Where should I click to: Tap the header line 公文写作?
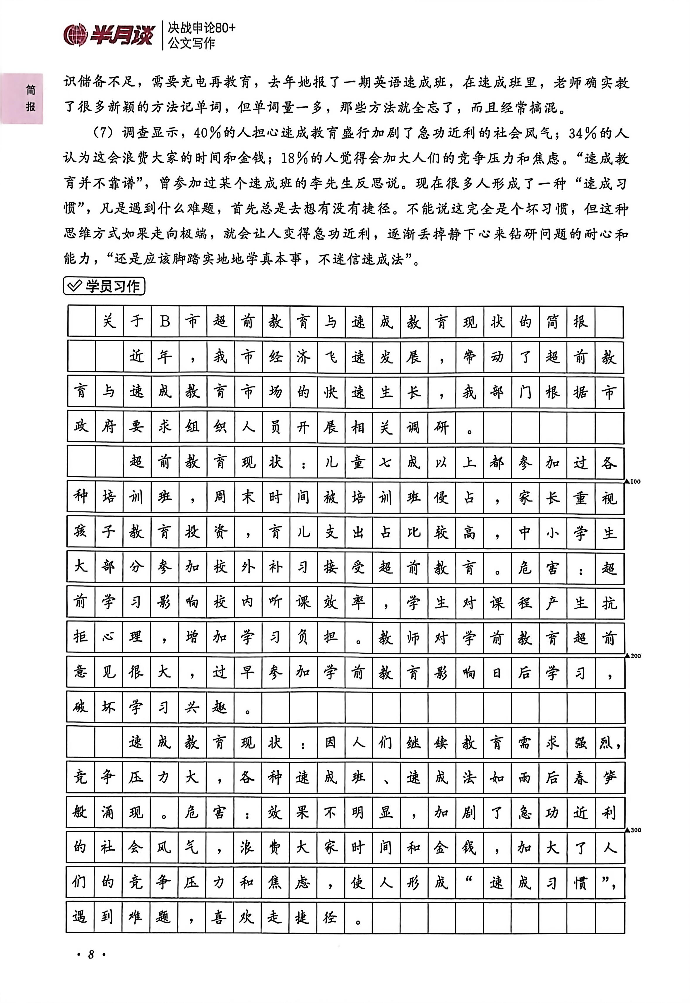pos(191,43)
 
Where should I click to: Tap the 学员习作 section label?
pos(112,286)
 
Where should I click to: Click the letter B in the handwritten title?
pos(165,322)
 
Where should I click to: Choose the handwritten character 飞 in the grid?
pos(331,357)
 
